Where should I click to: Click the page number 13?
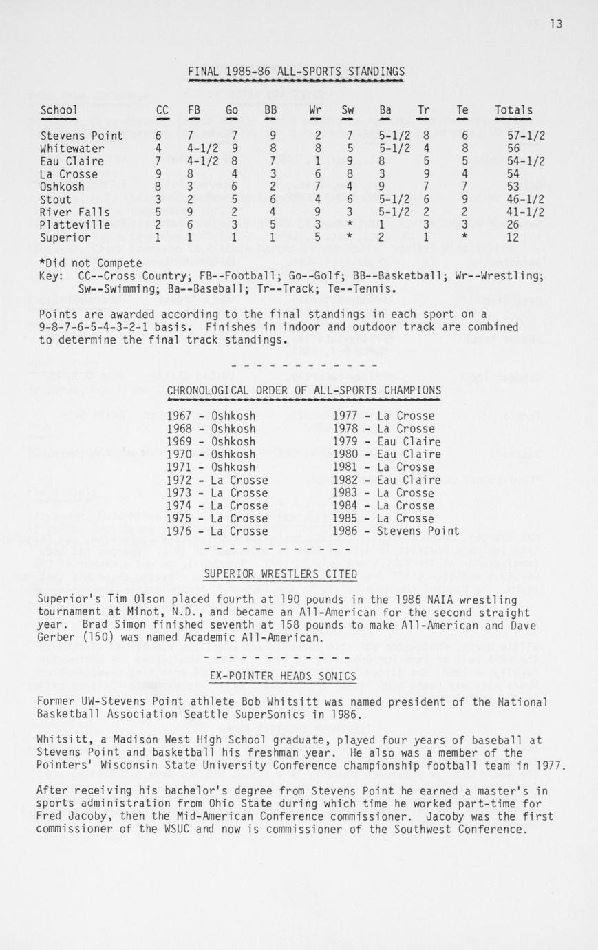[x=556, y=24]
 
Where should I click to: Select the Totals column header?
[x=513, y=110]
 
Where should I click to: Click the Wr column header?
[x=315, y=110]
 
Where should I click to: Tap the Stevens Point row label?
[x=81, y=136]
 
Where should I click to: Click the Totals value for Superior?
[x=513, y=237]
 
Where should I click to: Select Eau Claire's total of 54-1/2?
[x=526, y=162]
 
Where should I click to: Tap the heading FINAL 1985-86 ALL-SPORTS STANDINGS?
[x=296, y=72]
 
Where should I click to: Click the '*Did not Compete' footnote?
[x=90, y=263]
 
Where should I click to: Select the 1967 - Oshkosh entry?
[x=211, y=416]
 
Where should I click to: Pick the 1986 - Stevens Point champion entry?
[x=396, y=531]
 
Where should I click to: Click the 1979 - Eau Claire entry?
[x=387, y=441]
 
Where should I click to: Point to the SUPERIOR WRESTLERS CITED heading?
[x=281, y=574]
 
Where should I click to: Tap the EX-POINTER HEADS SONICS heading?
[x=282, y=677]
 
